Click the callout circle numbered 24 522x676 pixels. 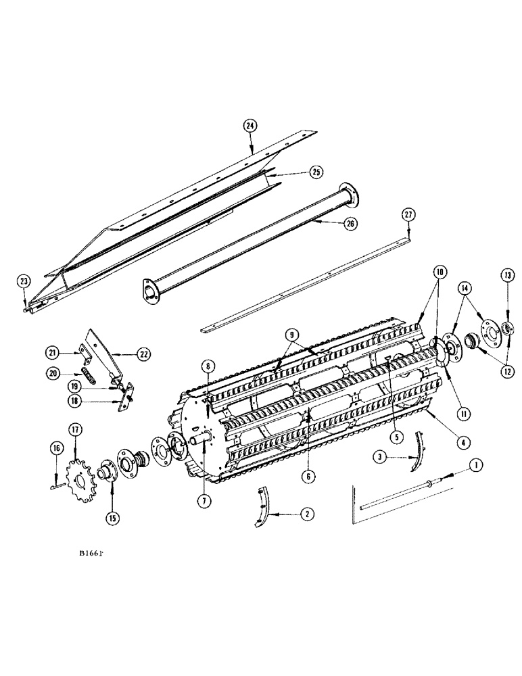click(250, 126)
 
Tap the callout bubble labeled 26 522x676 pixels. click(350, 222)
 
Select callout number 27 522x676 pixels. click(408, 216)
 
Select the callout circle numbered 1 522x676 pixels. click(476, 464)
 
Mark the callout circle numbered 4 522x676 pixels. click(444, 443)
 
